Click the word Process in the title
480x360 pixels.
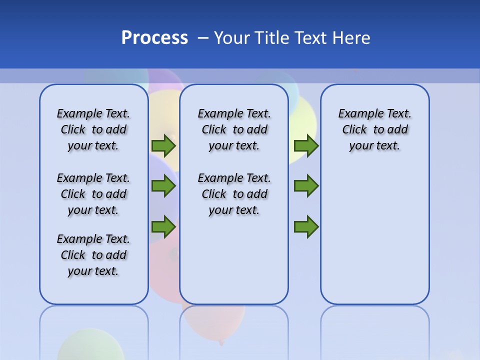point(154,37)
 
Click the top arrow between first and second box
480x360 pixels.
point(163,145)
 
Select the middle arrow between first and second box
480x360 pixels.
point(163,186)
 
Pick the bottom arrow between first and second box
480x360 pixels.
point(163,227)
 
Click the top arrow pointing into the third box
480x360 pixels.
point(306,145)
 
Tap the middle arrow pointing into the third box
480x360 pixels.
point(306,186)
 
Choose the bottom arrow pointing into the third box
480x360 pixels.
point(306,227)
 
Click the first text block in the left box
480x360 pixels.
point(93,129)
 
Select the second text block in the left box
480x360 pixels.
point(93,194)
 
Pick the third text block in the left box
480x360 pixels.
point(93,255)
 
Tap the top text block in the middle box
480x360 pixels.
point(234,129)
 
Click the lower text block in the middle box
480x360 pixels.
point(234,194)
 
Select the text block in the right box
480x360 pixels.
point(374,129)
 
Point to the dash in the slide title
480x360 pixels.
point(203,38)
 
